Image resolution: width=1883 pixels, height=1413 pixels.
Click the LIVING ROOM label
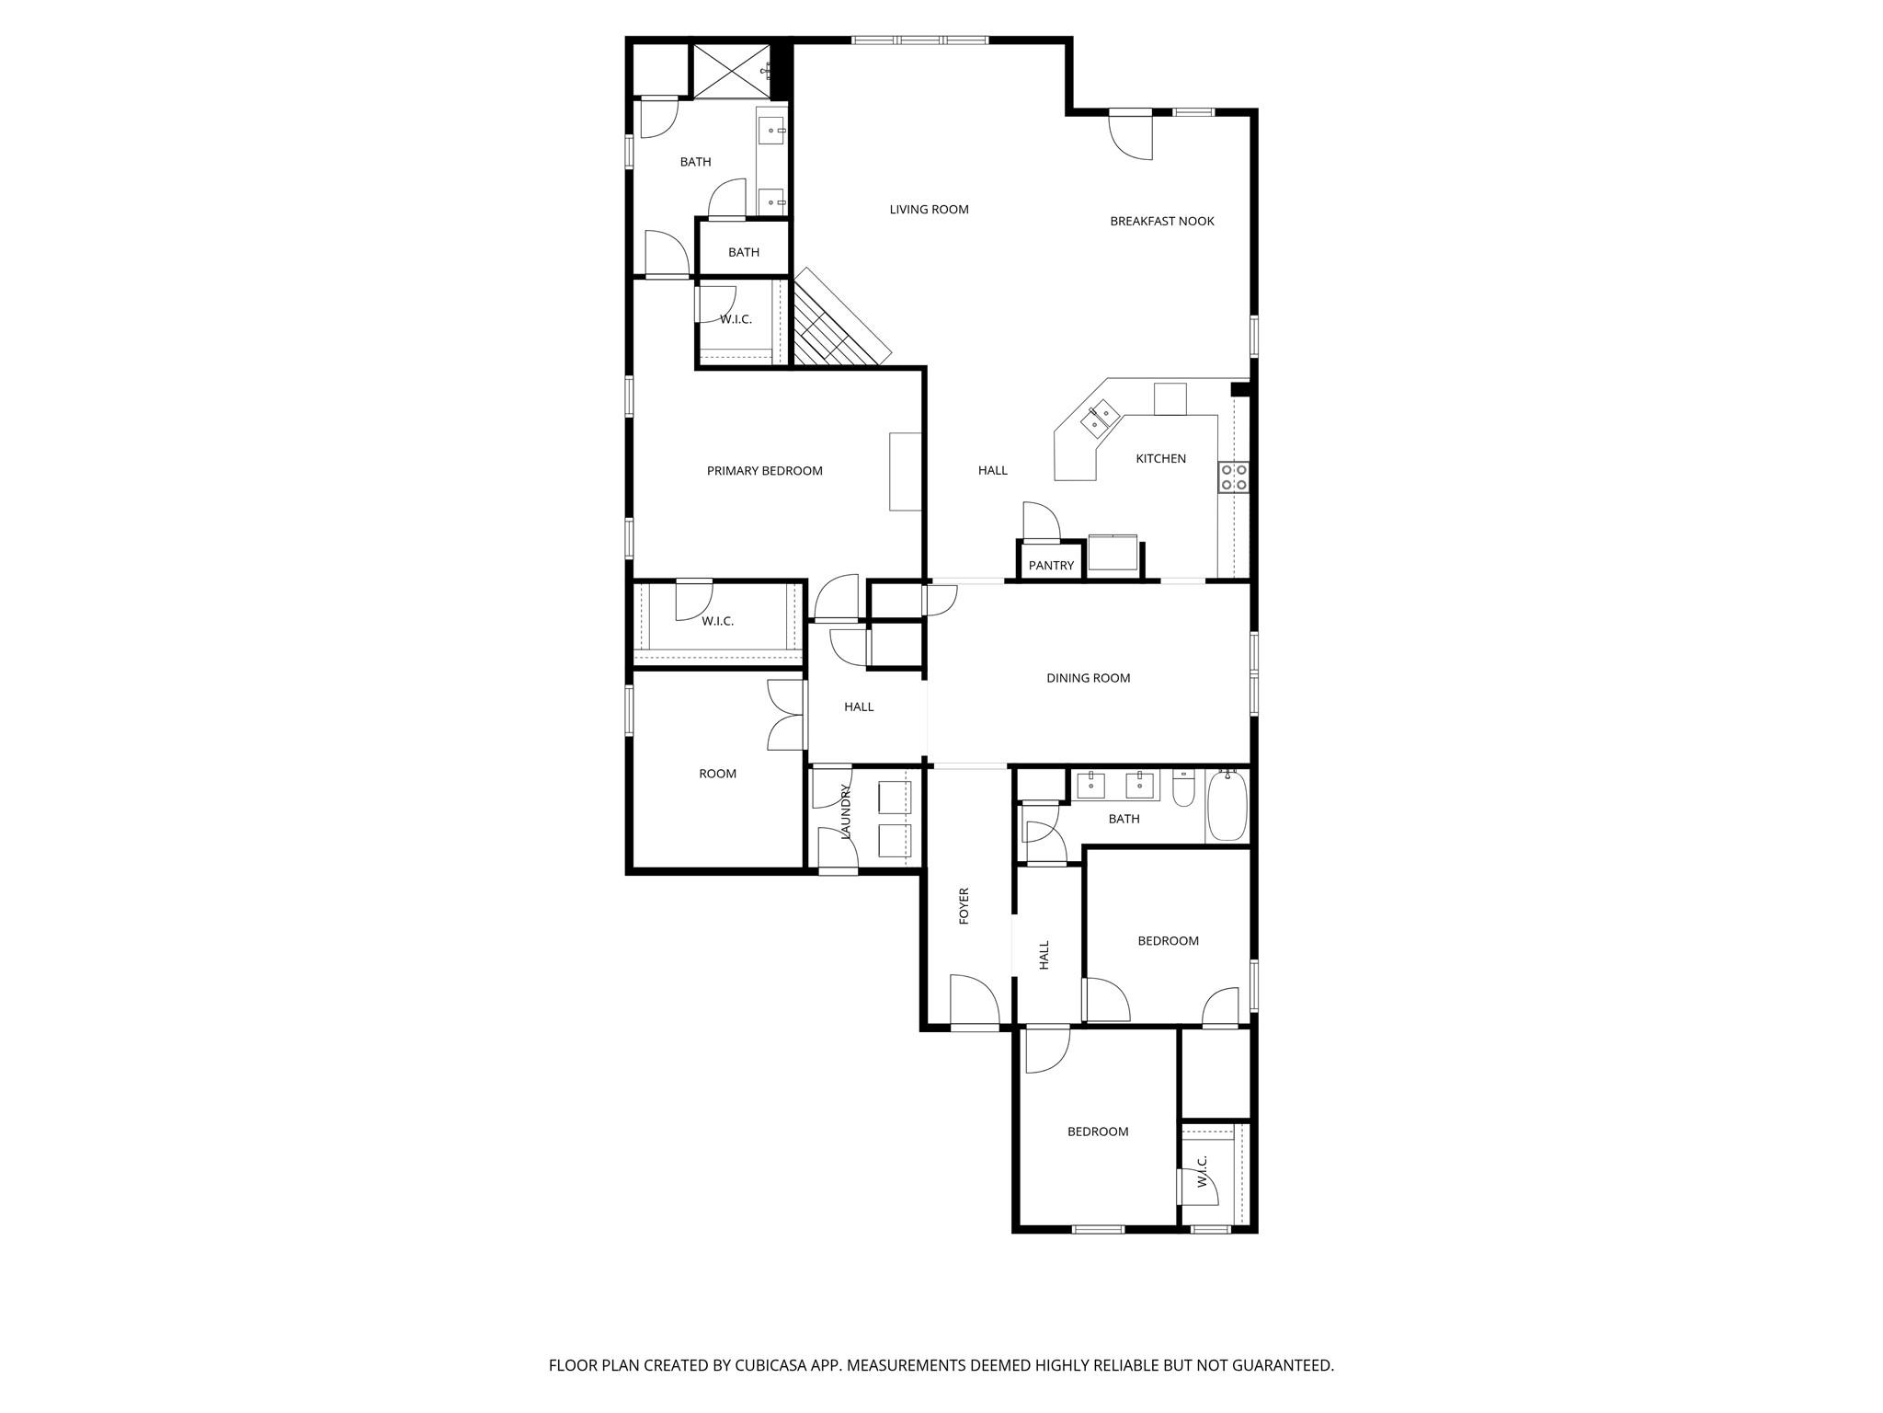click(929, 210)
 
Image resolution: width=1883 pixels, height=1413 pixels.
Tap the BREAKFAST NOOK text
click(1161, 222)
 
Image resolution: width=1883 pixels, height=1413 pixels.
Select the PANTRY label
click(1051, 566)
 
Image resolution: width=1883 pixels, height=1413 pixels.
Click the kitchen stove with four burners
click(1233, 477)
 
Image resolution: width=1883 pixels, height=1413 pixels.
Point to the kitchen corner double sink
click(1100, 418)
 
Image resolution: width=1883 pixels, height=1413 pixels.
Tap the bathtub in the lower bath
click(1227, 806)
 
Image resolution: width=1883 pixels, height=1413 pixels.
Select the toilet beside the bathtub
click(1183, 790)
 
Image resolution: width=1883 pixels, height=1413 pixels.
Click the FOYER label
click(964, 906)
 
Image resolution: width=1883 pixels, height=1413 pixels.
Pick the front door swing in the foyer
click(974, 1002)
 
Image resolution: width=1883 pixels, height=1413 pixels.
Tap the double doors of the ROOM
click(786, 715)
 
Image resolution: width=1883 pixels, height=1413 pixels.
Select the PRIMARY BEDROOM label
click(764, 471)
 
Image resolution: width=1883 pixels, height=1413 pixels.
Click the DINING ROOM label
click(1088, 679)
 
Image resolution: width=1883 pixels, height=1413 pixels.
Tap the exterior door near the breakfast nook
click(1131, 133)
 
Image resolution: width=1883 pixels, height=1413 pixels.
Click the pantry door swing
click(1041, 523)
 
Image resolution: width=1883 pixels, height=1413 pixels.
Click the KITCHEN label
click(1160, 459)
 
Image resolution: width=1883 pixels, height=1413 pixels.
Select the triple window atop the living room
click(919, 40)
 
